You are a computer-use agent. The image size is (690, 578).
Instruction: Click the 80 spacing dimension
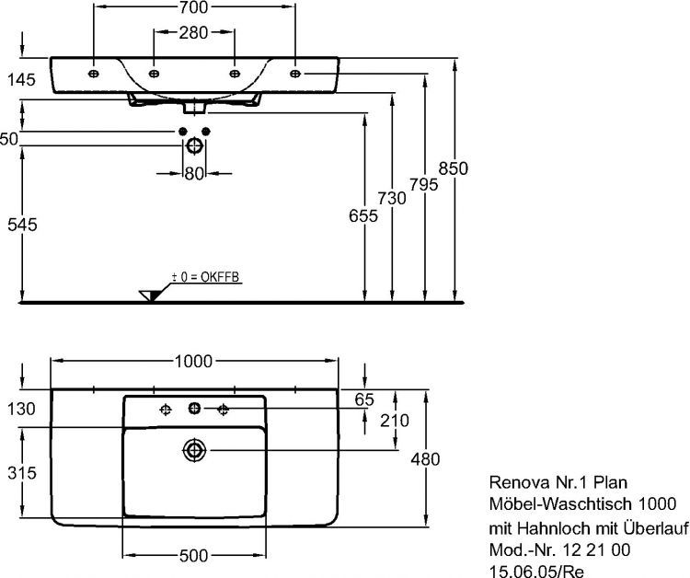click(x=193, y=173)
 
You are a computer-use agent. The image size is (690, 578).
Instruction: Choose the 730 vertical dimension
click(x=394, y=198)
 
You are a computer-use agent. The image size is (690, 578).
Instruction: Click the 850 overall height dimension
click(x=454, y=168)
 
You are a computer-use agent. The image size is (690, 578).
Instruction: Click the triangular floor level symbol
click(x=150, y=294)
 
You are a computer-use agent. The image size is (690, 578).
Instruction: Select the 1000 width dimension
click(x=193, y=360)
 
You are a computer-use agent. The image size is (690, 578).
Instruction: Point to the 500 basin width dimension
click(x=193, y=555)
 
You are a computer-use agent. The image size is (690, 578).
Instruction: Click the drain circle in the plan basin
click(x=194, y=450)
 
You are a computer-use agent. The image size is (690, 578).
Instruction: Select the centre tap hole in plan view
click(x=194, y=409)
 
